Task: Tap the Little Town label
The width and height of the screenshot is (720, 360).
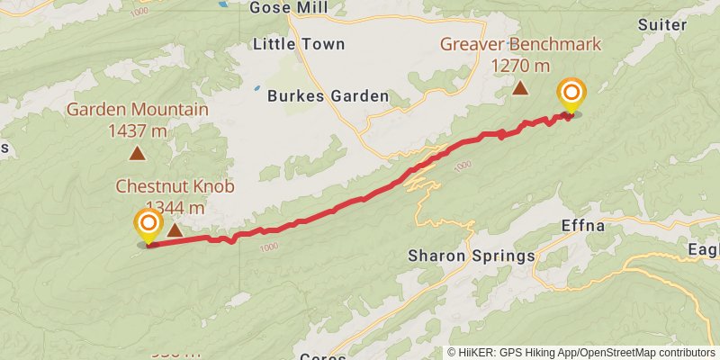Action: (293, 43)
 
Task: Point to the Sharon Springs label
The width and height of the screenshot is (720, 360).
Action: (472, 256)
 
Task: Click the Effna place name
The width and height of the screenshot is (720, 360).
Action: (585, 225)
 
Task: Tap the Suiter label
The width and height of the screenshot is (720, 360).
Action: (661, 24)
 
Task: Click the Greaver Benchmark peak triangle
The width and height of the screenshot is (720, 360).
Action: (520, 88)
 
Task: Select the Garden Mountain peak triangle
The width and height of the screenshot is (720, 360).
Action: (137, 153)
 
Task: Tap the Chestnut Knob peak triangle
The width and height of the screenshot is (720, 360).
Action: (175, 230)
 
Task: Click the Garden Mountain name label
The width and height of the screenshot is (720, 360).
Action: (138, 110)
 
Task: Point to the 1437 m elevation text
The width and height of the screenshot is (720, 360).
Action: (138, 130)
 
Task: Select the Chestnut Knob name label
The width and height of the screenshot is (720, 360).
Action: (175, 187)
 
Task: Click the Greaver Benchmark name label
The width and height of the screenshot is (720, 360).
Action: (520, 44)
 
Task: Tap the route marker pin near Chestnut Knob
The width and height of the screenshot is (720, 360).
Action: (148, 225)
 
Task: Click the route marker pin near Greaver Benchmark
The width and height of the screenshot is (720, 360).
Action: (571, 94)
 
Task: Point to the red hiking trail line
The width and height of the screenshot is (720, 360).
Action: (360, 199)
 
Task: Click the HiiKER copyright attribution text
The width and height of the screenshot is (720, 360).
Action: (580, 353)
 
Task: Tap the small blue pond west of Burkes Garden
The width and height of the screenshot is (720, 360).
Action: (257, 88)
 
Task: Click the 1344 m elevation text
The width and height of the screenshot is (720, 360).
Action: (171, 208)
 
